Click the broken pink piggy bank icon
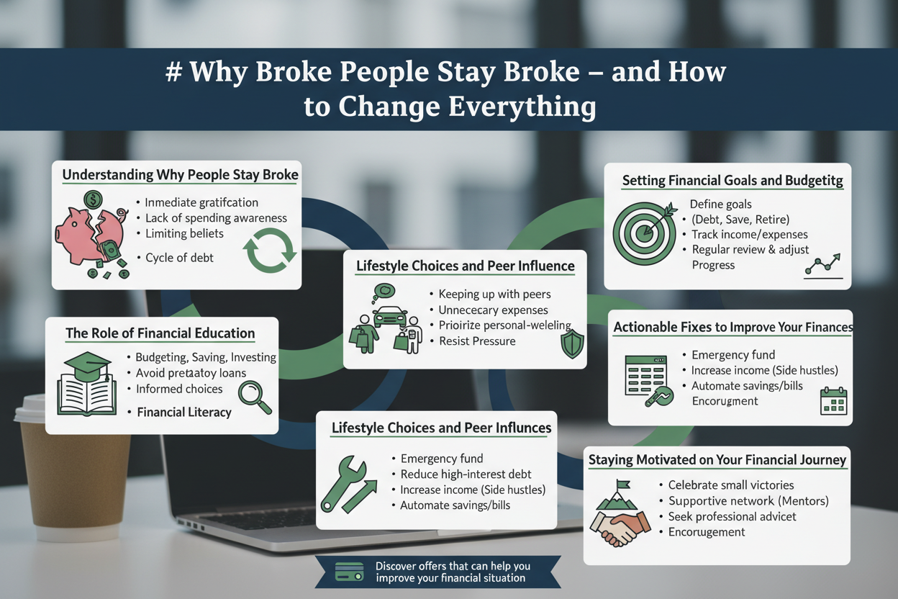(x=91, y=236)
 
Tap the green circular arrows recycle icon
(x=270, y=250)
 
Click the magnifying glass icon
(x=255, y=397)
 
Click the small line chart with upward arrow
(x=822, y=266)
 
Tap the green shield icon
(x=572, y=344)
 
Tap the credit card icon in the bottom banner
(x=349, y=572)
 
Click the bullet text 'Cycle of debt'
(x=179, y=258)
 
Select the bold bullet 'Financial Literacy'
(x=184, y=412)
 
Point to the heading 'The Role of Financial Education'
(x=160, y=333)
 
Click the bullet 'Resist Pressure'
(x=477, y=341)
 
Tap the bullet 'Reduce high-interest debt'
(x=466, y=474)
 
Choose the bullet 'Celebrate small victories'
(x=730, y=485)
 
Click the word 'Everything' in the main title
(x=522, y=107)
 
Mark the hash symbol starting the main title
(x=173, y=72)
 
